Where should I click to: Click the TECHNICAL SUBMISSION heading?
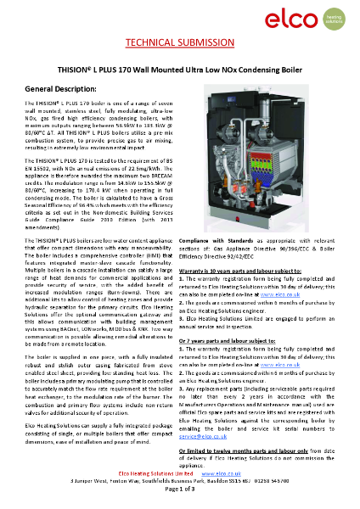point(179,43)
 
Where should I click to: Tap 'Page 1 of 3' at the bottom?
point(179,489)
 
